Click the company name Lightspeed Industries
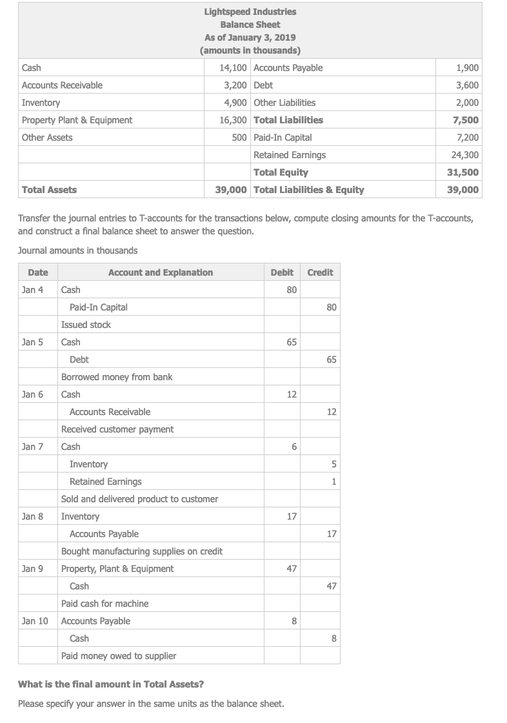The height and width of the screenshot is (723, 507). point(250,12)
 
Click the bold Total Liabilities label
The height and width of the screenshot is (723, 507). point(288,120)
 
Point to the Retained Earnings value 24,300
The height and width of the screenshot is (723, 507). point(464,155)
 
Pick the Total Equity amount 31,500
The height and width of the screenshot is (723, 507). point(463,172)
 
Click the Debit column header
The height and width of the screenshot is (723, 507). point(282,272)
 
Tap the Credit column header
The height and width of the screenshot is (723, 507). point(320,272)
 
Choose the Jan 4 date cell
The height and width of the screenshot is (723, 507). point(33,290)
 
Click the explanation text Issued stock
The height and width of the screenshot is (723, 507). point(86,325)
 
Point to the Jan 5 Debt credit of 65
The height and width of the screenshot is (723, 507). point(330,360)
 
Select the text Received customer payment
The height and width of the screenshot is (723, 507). point(117,429)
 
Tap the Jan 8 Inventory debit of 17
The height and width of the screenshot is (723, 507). point(292,516)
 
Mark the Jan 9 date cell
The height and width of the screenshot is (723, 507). point(33,569)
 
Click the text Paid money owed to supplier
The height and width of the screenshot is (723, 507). point(118,656)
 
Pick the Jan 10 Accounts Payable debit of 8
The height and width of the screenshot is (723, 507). point(294,621)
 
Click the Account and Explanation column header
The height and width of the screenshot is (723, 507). point(160,272)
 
